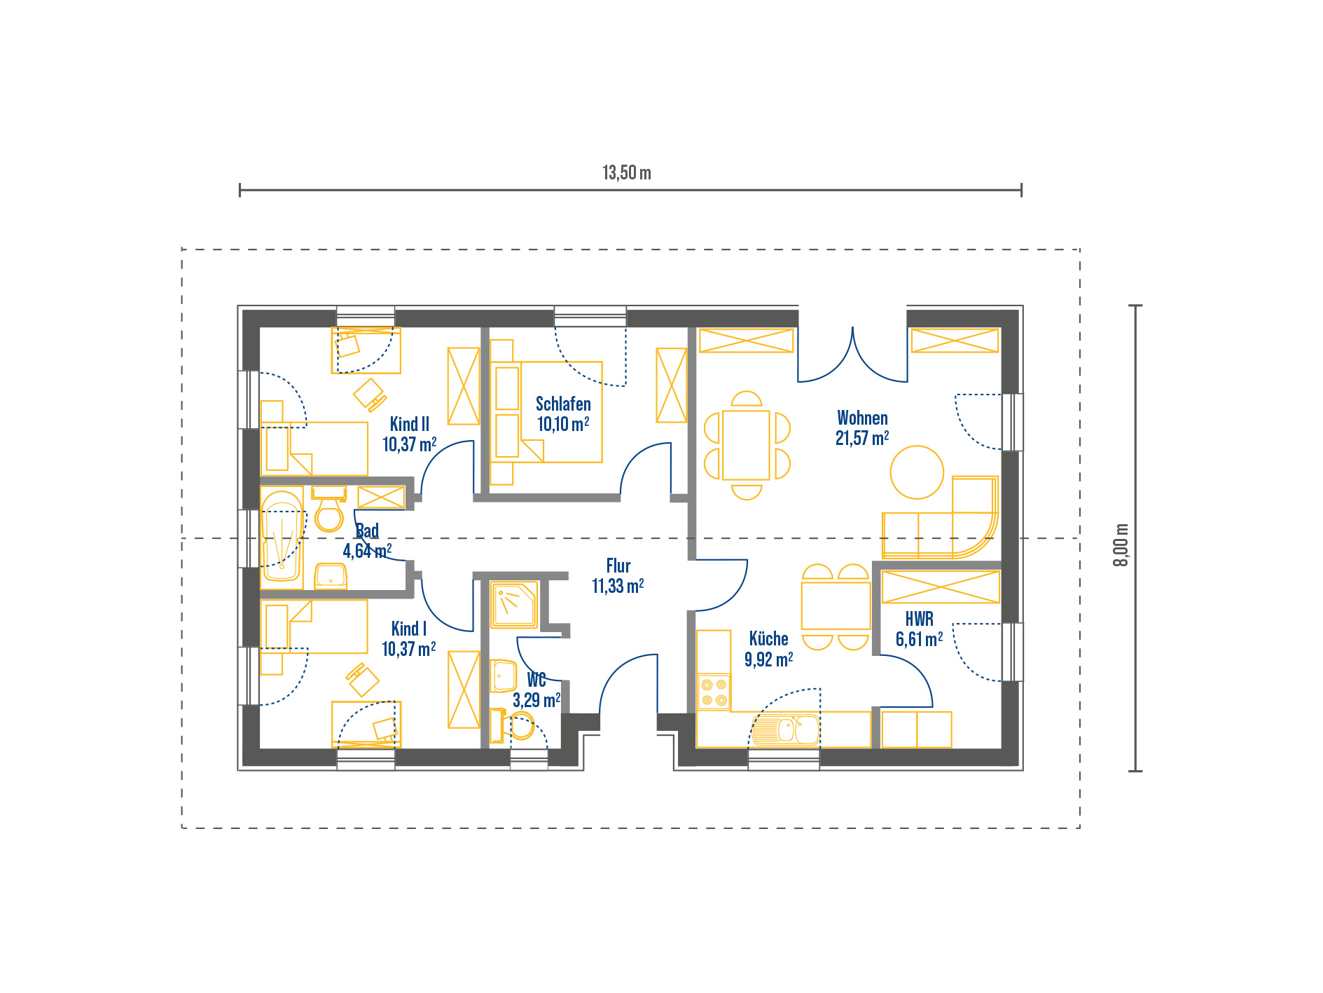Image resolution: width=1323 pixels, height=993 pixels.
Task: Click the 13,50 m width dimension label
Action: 627,172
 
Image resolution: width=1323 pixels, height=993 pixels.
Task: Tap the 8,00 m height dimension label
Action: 1121,545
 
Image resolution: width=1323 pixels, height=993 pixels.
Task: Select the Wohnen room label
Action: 862,418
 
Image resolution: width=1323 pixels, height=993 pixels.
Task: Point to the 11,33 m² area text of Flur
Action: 618,586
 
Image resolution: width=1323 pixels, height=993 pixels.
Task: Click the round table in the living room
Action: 917,472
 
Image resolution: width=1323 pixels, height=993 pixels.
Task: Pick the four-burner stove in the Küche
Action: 714,692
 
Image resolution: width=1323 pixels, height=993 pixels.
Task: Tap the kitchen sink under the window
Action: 786,730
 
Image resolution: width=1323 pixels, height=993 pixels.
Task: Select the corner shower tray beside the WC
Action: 514,604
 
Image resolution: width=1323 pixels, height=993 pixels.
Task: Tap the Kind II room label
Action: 410,424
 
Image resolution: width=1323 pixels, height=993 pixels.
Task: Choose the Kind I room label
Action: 409,629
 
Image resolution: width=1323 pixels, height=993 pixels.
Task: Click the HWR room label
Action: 919,619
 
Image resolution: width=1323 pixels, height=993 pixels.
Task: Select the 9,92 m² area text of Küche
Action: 768,659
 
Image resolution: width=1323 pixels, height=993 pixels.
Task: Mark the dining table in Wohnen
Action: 746,445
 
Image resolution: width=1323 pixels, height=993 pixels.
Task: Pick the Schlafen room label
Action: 563,404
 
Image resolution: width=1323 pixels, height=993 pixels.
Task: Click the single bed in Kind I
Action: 314,626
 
